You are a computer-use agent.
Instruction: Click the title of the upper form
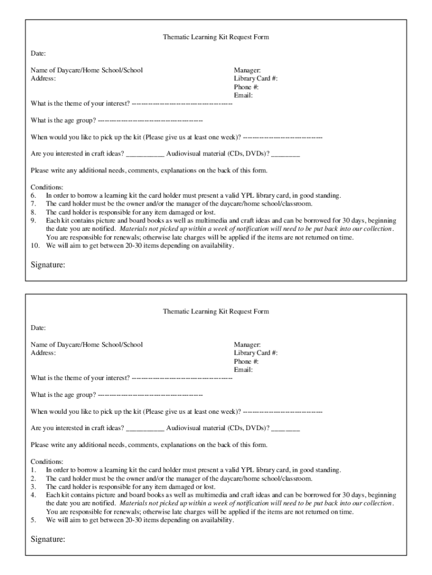click(216, 37)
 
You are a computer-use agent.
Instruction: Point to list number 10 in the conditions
click(35, 245)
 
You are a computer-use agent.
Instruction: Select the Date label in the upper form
click(38, 53)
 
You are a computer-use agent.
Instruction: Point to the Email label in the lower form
click(243, 370)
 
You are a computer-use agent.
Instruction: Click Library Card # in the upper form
click(255, 79)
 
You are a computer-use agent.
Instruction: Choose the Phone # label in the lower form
click(246, 362)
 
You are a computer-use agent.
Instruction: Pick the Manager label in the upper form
click(247, 70)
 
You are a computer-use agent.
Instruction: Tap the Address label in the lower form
click(43, 353)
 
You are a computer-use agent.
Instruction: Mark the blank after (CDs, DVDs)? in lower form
click(286, 430)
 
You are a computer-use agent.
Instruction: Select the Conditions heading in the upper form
click(47, 187)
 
